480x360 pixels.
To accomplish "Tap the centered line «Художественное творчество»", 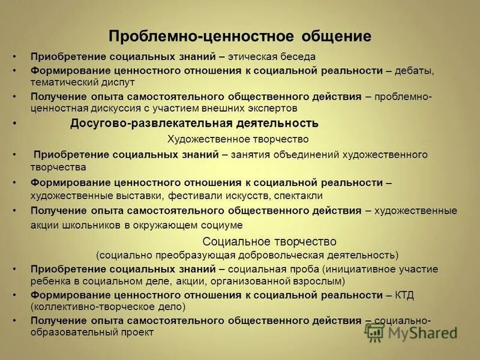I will coord(242,139).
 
